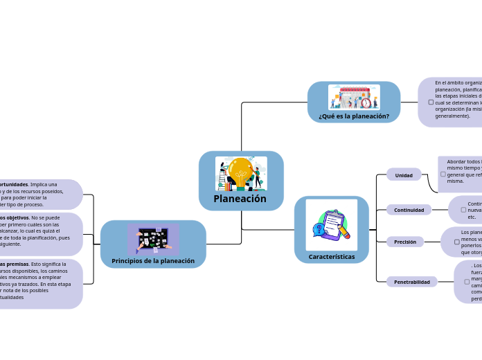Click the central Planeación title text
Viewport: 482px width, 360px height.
(240, 199)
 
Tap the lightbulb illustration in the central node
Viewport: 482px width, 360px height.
(241, 172)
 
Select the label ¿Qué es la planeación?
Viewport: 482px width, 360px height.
(354, 116)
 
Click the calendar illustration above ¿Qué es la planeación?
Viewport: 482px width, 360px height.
(354, 96)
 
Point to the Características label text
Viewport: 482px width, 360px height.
(332, 257)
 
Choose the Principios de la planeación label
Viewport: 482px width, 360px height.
(153, 261)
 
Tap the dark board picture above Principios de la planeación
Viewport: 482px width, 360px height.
(153, 238)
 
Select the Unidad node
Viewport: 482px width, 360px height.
(404, 175)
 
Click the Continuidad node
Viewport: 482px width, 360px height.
(409, 210)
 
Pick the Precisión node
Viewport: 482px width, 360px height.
(405, 242)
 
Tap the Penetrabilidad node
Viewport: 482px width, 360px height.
(412, 282)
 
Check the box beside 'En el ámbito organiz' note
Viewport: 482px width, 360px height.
(431, 102)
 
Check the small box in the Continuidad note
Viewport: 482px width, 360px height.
(463, 209)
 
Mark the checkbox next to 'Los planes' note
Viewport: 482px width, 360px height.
(456, 242)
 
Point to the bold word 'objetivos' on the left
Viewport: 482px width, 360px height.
(15, 217)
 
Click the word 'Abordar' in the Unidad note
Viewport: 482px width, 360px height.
(457, 161)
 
